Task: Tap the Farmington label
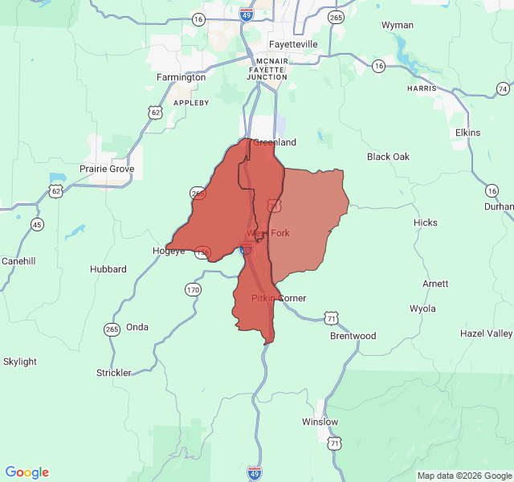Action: click(181, 78)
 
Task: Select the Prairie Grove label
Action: click(107, 170)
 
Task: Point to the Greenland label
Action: click(275, 142)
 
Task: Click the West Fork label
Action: click(267, 233)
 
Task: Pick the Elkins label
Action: click(467, 133)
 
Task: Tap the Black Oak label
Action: click(388, 157)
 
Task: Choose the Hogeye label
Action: click(169, 251)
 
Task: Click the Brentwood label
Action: click(353, 336)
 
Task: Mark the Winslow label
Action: click(320, 422)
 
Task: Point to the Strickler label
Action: click(114, 373)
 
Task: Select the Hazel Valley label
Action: click(486, 333)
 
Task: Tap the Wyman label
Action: click(398, 25)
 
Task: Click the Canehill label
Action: click(19, 261)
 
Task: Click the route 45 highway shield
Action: click(36, 224)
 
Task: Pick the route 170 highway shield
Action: click(193, 289)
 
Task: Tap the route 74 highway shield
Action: click(503, 88)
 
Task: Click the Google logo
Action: click(27, 472)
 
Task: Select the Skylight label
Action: click(20, 361)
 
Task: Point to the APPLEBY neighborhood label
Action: click(191, 103)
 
